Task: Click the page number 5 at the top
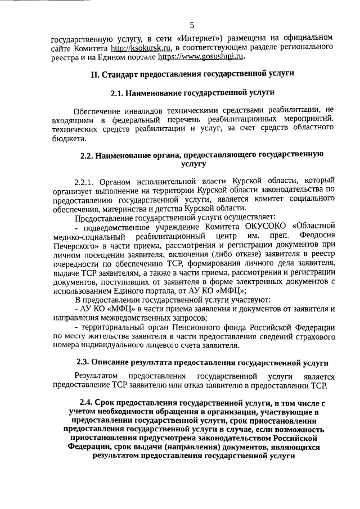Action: [x=192, y=25]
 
